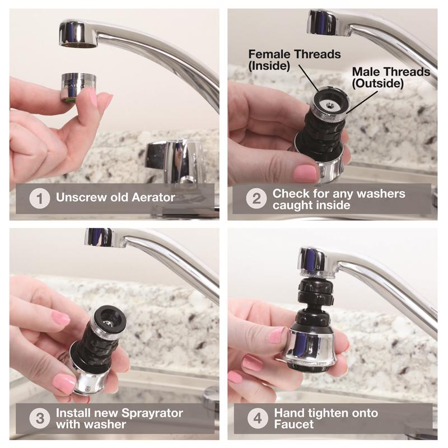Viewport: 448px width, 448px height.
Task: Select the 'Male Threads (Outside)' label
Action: (x=390, y=77)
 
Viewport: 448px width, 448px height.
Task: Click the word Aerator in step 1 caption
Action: (x=152, y=198)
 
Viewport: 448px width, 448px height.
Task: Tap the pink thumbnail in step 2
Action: (x=305, y=172)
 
